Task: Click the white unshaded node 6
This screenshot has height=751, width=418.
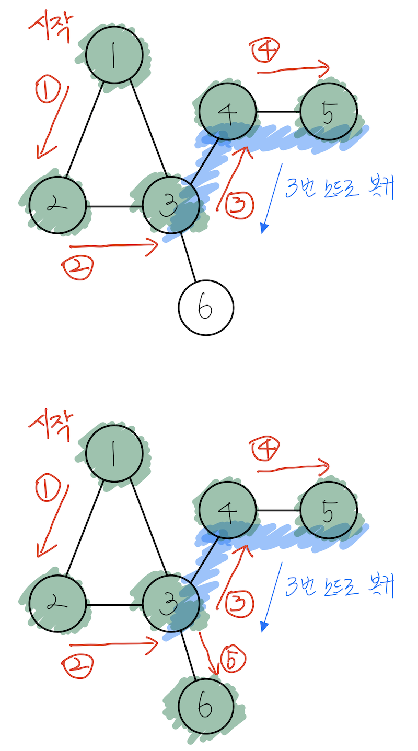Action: tap(205, 308)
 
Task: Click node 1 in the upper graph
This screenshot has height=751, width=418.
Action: tap(114, 55)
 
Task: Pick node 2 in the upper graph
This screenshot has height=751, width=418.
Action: tap(57, 205)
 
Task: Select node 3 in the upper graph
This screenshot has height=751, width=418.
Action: tap(171, 206)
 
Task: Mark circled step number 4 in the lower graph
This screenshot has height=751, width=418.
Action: tap(265, 449)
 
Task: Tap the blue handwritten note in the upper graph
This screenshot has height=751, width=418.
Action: tap(340, 188)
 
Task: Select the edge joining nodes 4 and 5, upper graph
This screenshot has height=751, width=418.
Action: tap(277, 112)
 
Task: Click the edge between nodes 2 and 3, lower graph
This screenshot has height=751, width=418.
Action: tap(114, 605)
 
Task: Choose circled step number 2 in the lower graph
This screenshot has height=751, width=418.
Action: tap(77, 666)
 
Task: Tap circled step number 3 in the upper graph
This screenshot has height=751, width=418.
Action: tap(240, 204)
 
